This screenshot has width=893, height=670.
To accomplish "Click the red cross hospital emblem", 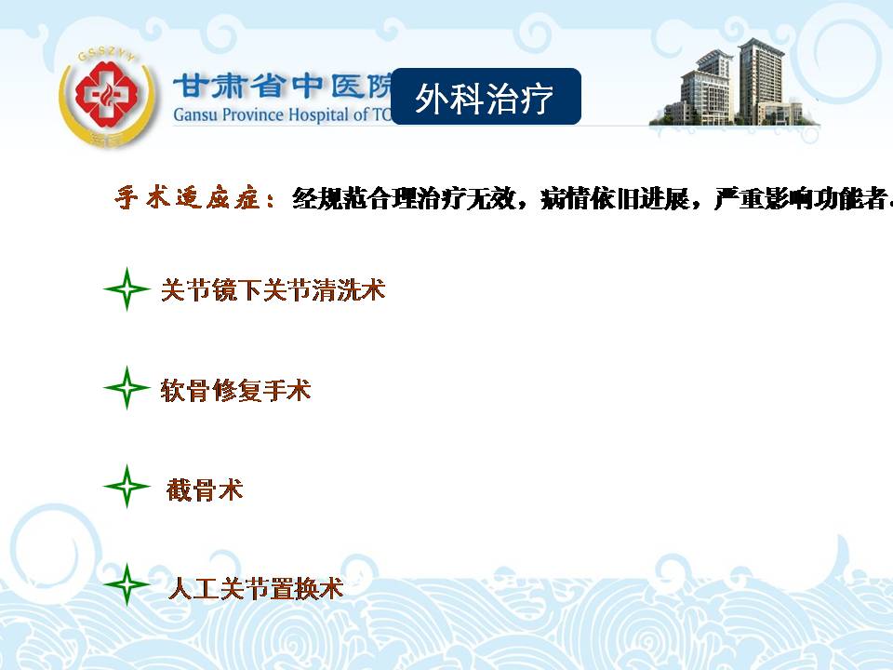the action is click(x=107, y=96).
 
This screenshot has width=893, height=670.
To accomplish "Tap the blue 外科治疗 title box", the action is click(x=486, y=96).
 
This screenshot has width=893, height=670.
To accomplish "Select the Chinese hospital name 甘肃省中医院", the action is click(x=283, y=86).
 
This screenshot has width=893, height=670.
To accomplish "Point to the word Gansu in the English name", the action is click(x=195, y=114).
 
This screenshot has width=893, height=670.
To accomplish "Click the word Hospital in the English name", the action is click(x=318, y=114).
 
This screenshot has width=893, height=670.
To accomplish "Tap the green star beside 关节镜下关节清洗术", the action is click(x=127, y=289).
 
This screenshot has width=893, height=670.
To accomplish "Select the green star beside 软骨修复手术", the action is click(x=127, y=388).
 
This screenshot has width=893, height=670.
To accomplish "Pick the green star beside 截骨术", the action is click(x=127, y=487).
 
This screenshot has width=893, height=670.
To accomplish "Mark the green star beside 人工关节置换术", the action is click(x=127, y=584).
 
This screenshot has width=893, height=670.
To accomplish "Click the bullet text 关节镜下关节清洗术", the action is click(x=273, y=289).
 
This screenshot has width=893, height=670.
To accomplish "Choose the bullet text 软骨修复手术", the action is click(x=235, y=390).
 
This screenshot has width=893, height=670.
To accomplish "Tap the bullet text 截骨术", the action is click(x=205, y=489).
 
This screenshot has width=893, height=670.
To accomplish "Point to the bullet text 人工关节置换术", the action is click(x=257, y=588).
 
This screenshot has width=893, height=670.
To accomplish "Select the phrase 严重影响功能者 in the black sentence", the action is click(x=800, y=198).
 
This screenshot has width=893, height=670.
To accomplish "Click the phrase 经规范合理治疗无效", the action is click(x=404, y=198).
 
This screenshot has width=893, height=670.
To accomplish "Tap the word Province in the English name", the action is click(x=253, y=114).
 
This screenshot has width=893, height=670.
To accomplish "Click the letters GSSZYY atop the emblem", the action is click(x=106, y=54).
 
